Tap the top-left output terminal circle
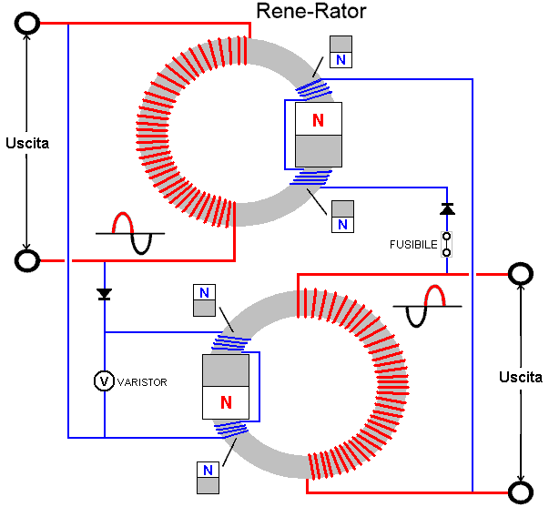coord(28,24)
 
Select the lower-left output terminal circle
coord(28,261)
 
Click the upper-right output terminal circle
coord(520,273)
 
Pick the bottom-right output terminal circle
coord(520,492)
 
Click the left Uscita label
coord(27,143)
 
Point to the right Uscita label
coord(521,376)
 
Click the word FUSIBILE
coord(414,244)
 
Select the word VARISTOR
coord(142,381)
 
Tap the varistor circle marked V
coord(105,380)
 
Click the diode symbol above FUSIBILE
coord(446,209)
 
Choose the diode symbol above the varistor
coord(104,294)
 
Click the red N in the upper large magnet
coord(318,120)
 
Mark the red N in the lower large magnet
coord(225,401)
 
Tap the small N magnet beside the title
coord(341,51)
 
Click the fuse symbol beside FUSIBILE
coord(446,244)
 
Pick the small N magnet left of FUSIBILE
coord(341,217)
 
